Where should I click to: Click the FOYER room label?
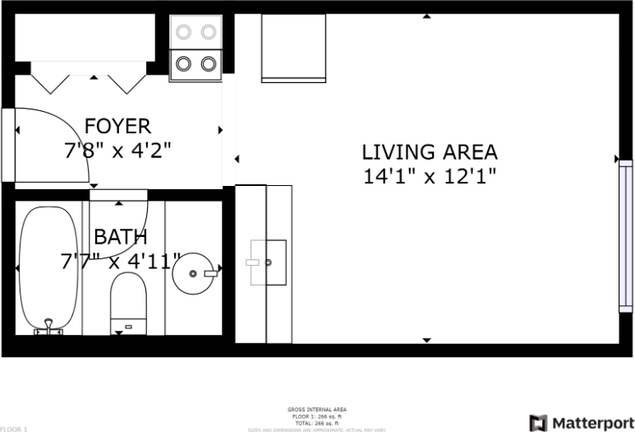pyautogui.click(x=118, y=126)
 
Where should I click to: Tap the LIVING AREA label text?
pyautogui.click(x=430, y=152)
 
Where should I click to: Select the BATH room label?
pyautogui.click(x=120, y=238)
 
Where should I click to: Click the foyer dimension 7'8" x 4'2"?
pyautogui.click(x=118, y=151)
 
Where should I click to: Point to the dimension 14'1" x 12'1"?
pyautogui.click(x=430, y=176)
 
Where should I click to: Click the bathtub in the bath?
pyautogui.click(x=48, y=267)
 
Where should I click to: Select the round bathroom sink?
pyautogui.click(x=194, y=273)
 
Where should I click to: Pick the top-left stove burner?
pyautogui.click(x=185, y=32)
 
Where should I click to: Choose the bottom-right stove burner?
pyautogui.click(x=209, y=63)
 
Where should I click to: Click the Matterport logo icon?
pyautogui.click(x=539, y=423)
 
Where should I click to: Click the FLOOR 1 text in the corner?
pyautogui.click(x=14, y=429)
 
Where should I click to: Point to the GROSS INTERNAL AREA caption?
pyautogui.click(x=316, y=409)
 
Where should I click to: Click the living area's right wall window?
pyautogui.click(x=625, y=236)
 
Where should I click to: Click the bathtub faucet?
pyautogui.click(x=49, y=327)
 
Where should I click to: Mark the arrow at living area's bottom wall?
pyautogui.click(x=426, y=339)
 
